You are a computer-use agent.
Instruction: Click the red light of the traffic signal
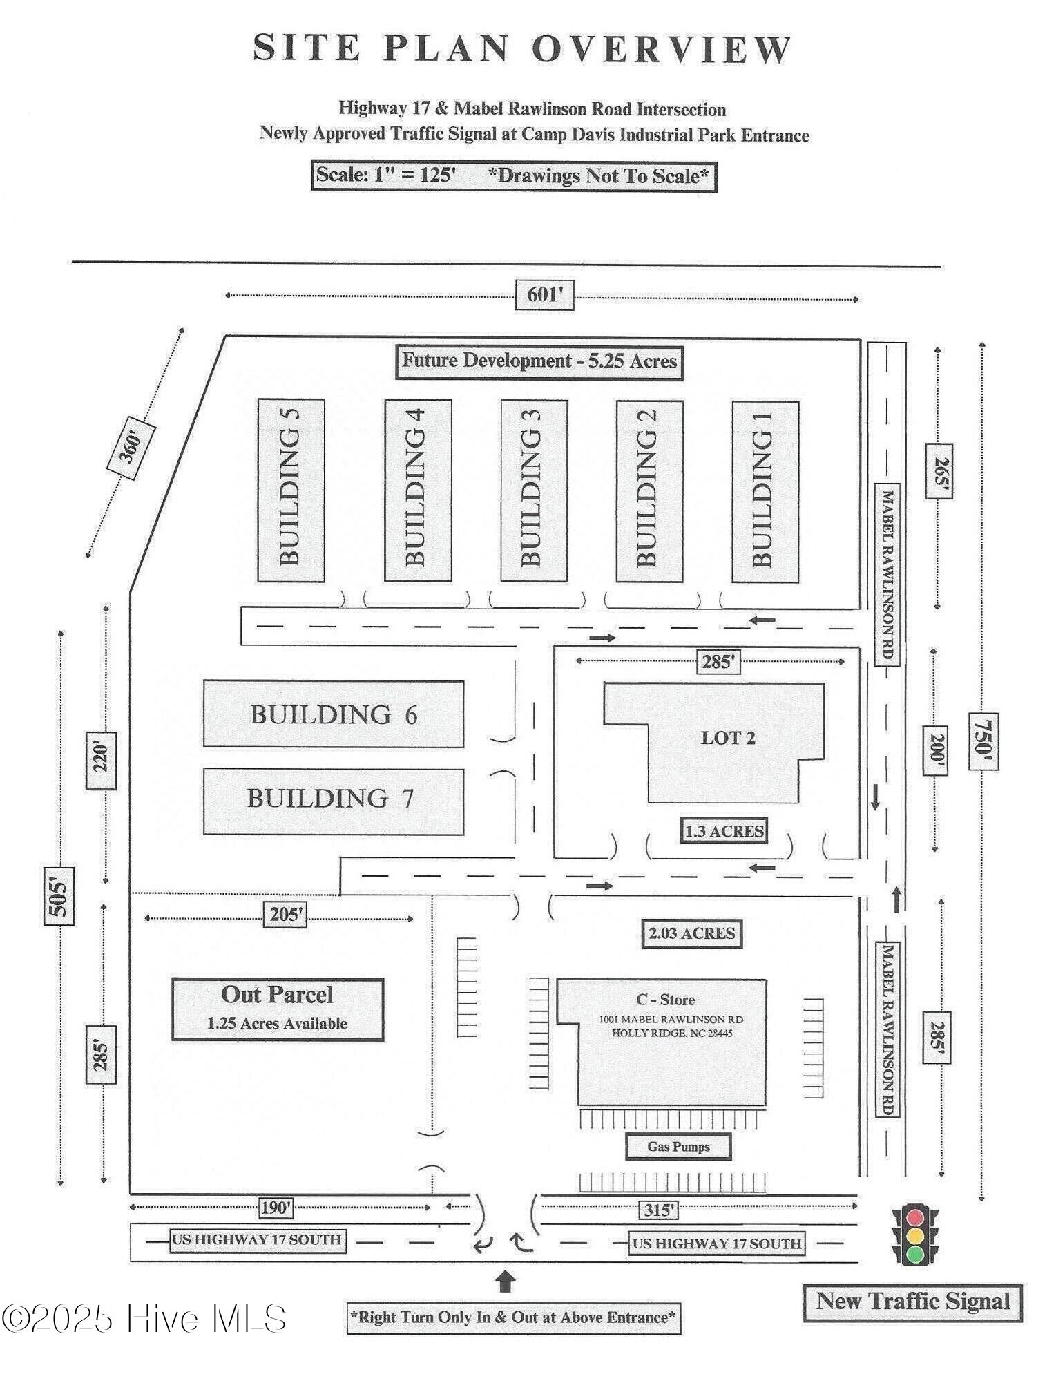(915, 1218)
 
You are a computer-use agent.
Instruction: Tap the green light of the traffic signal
(915, 1254)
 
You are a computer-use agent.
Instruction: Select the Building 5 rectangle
(291, 490)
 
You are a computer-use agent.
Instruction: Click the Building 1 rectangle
(765, 491)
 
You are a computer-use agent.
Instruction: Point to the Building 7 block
(333, 801)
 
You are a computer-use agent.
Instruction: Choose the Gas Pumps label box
(678, 1147)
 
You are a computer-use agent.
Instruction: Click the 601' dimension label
(544, 296)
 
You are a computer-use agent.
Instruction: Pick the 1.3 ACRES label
(724, 830)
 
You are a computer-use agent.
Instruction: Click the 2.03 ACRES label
(691, 933)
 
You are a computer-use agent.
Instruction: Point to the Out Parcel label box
(278, 1009)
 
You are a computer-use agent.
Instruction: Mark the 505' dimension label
(59, 895)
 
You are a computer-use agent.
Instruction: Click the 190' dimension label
(276, 1208)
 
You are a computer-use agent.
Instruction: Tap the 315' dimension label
(657, 1210)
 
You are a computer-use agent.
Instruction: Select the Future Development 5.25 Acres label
(539, 361)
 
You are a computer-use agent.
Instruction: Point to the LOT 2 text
(728, 738)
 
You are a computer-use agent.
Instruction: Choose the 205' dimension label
(285, 915)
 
